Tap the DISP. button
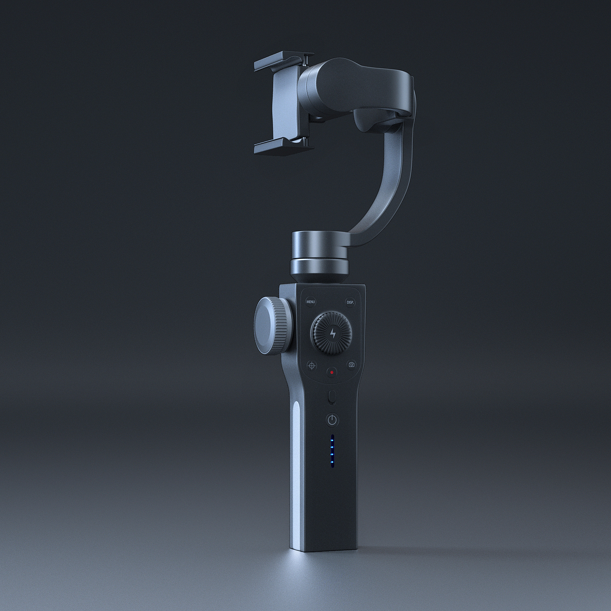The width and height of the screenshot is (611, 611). [x=351, y=302]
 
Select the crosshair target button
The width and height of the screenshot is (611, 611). [x=312, y=365]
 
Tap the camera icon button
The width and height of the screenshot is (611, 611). [x=352, y=365]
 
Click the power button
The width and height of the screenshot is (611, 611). [x=333, y=420]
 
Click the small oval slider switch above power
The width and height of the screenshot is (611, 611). [x=333, y=397]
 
